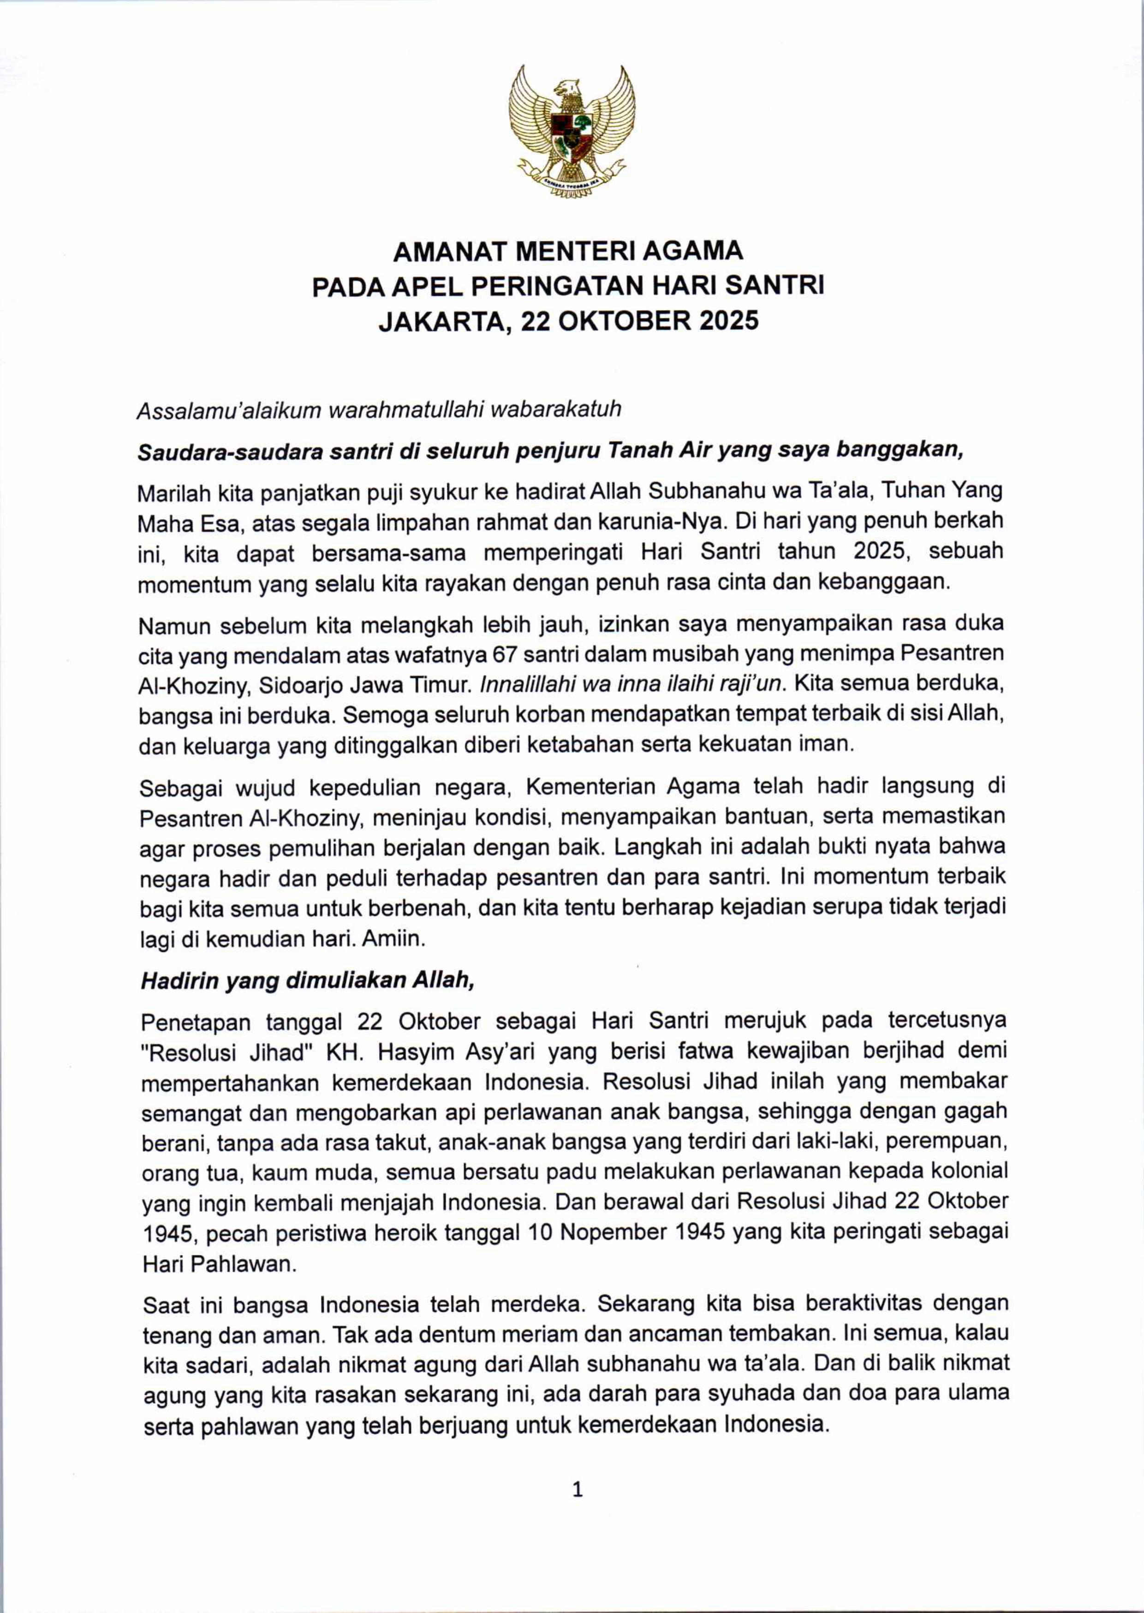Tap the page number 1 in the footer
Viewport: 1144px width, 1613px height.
pos(578,1490)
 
